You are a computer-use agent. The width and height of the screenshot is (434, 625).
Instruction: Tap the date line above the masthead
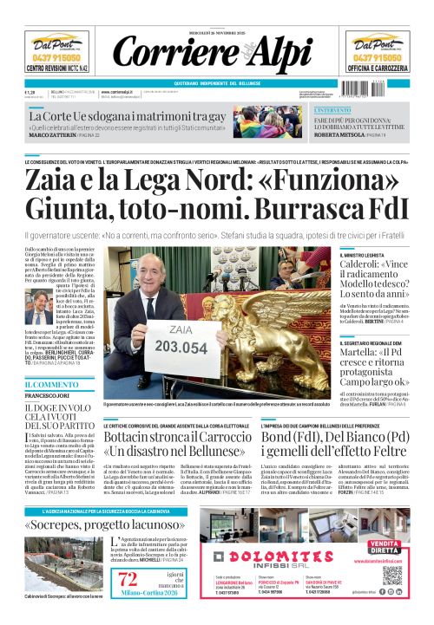tap(217, 34)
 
